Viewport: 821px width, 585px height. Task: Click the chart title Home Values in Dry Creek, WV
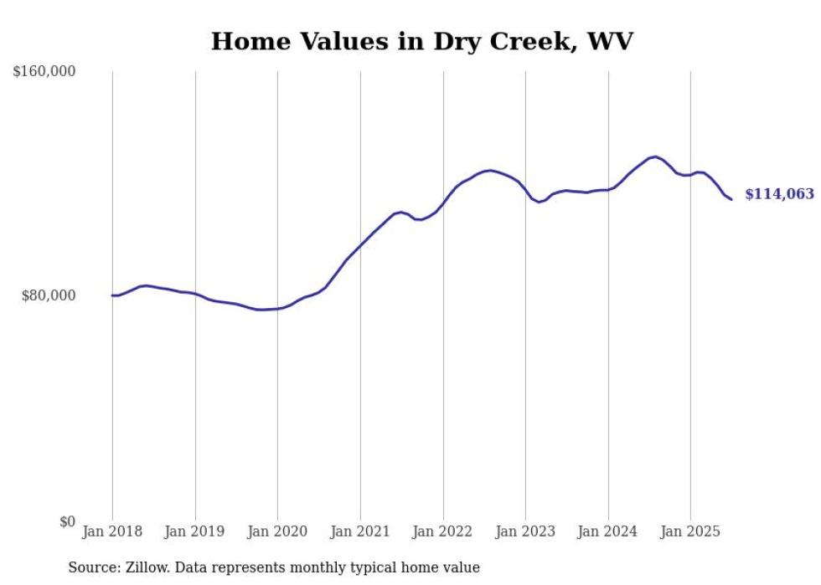[422, 41]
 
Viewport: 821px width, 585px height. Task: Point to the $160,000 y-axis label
[44, 72]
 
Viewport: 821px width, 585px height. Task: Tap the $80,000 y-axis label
[48, 295]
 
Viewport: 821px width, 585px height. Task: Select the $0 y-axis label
[67, 521]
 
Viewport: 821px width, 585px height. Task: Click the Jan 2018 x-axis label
[112, 531]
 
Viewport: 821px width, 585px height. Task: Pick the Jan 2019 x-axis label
[194, 531]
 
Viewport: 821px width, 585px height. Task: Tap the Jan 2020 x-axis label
[277, 531]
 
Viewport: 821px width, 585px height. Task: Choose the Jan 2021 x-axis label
[360, 531]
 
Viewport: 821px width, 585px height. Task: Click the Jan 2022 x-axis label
[442, 531]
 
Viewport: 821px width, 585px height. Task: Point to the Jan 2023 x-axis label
[525, 531]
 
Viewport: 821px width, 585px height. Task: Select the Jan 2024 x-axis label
[608, 531]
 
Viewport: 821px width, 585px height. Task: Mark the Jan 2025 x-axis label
[690, 531]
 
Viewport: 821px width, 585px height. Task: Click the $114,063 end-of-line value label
[779, 194]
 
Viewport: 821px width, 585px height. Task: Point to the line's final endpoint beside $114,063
[731, 199]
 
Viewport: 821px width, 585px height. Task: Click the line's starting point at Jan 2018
[112, 295]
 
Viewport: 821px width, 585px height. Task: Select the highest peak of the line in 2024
[654, 157]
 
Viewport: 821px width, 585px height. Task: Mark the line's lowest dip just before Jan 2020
[261, 310]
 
